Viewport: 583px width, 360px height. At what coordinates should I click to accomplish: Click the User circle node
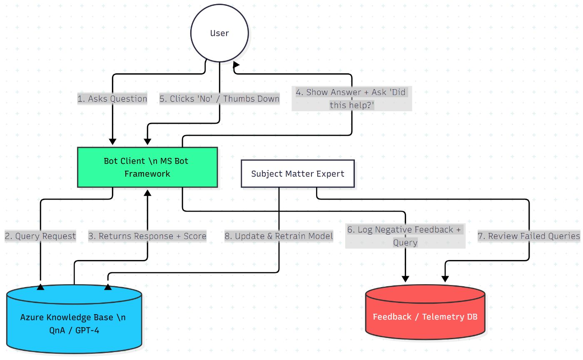[x=219, y=33]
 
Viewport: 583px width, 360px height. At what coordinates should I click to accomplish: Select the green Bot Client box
[x=147, y=167]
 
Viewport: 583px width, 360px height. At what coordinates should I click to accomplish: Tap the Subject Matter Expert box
[x=298, y=173]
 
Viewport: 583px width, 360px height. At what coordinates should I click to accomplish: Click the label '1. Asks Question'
[x=112, y=99]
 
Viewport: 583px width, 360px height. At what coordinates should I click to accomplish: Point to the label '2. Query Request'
[x=40, y=236]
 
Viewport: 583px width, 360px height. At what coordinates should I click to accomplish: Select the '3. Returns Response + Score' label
[x=147, y=236]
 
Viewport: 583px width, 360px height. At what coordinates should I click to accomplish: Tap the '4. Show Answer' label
[x=351, y=98]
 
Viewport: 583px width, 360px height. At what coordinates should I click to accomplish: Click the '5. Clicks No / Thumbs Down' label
[x=219, y=99]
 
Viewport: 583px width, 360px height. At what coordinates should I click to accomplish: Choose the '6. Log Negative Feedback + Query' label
[x=405, y=236]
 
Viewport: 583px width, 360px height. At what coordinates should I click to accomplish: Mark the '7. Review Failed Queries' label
[x=529, y=236]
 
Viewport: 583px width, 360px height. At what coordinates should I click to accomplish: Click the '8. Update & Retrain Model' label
[x=279, y=236]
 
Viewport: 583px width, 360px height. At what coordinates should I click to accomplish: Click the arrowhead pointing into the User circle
[x=236, y=65]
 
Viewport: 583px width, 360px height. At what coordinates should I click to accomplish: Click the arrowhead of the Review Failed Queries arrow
[x=445, y=278]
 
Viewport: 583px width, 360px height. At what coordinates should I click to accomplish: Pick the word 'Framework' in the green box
[x=147, y=173]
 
